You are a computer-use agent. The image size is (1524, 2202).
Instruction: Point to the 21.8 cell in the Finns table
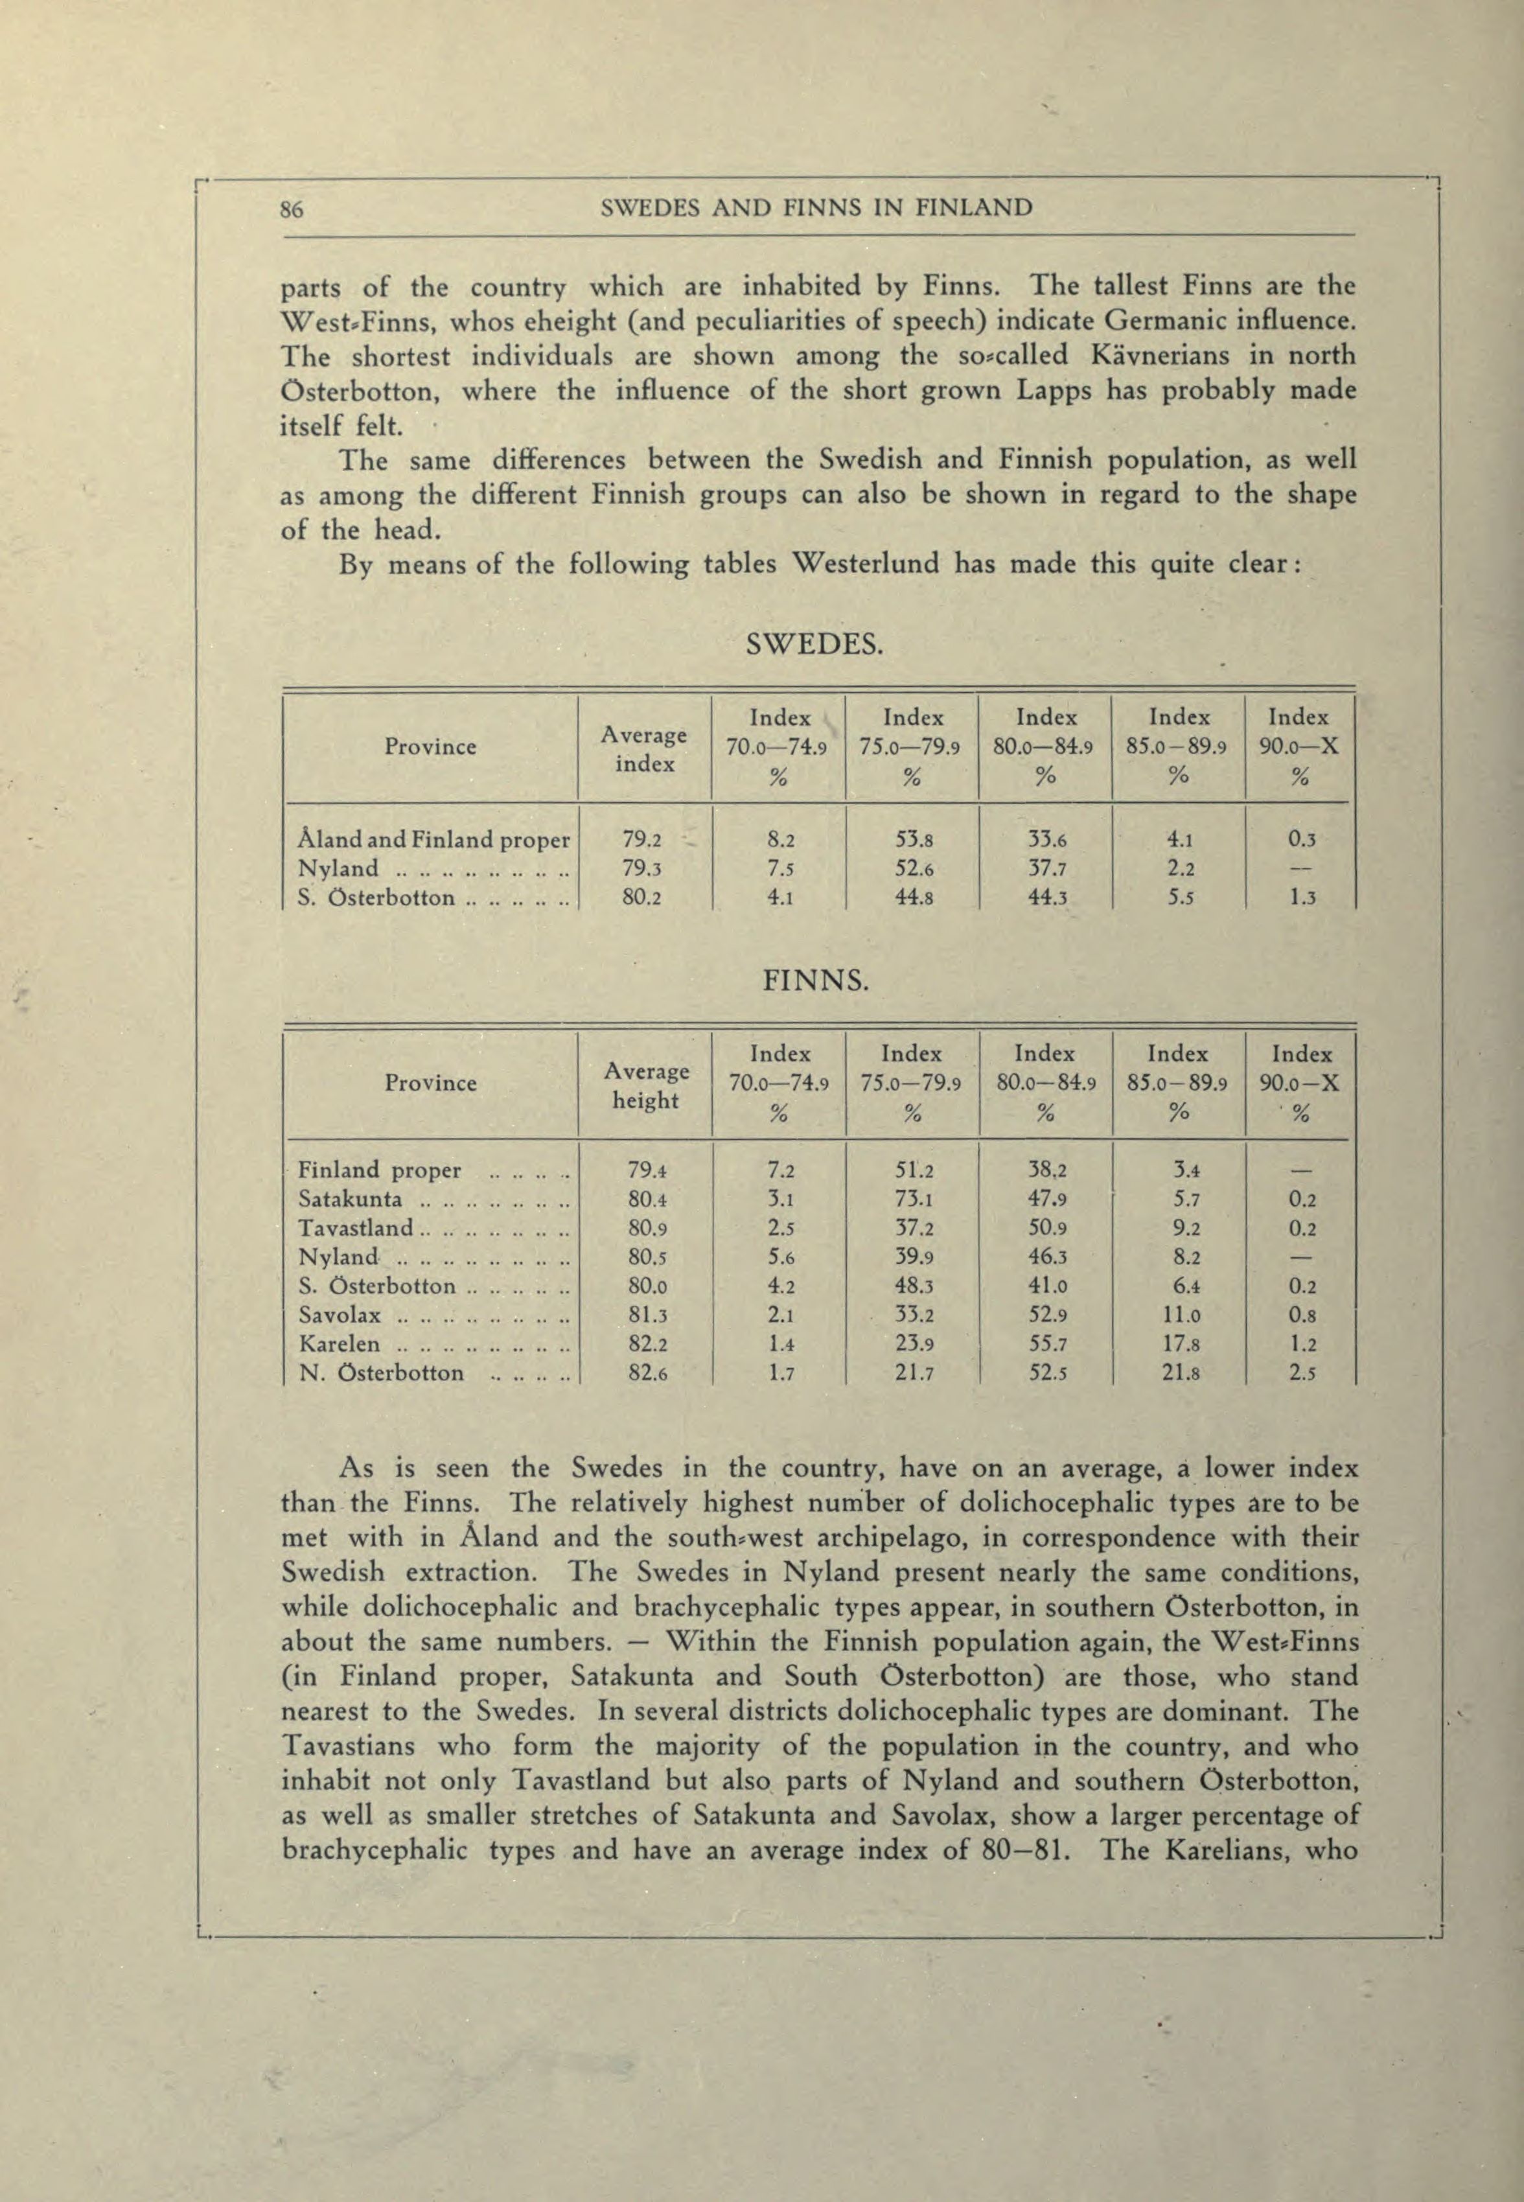tap(1179, 1374)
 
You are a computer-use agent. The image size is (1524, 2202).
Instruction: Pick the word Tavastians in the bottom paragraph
tap(349, 1746)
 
